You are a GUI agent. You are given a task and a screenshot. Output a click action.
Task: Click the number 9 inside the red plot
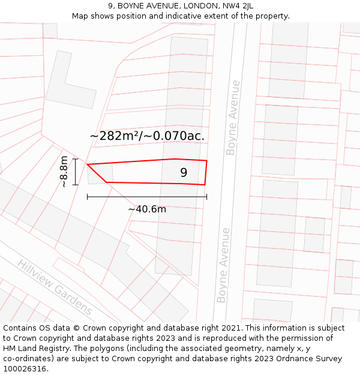click(184, 173)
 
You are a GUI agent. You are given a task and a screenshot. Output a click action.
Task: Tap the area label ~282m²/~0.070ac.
click(147, 136)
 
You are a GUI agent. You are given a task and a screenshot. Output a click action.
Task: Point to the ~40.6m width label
click(147, 209)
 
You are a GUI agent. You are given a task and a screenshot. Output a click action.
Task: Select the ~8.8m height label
click(64, 172)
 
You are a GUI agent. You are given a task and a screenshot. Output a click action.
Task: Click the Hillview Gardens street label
click(55, 287)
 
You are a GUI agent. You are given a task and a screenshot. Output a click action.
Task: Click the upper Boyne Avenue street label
click(233, 118)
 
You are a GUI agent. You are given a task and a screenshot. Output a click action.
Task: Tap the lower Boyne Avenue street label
click(223, 265)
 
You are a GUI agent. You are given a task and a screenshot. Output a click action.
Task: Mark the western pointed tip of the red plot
click(88, 164)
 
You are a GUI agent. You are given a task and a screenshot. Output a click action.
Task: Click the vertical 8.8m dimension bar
click(76, 172)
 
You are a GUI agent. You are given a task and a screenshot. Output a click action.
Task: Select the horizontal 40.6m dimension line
click(147, 196)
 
